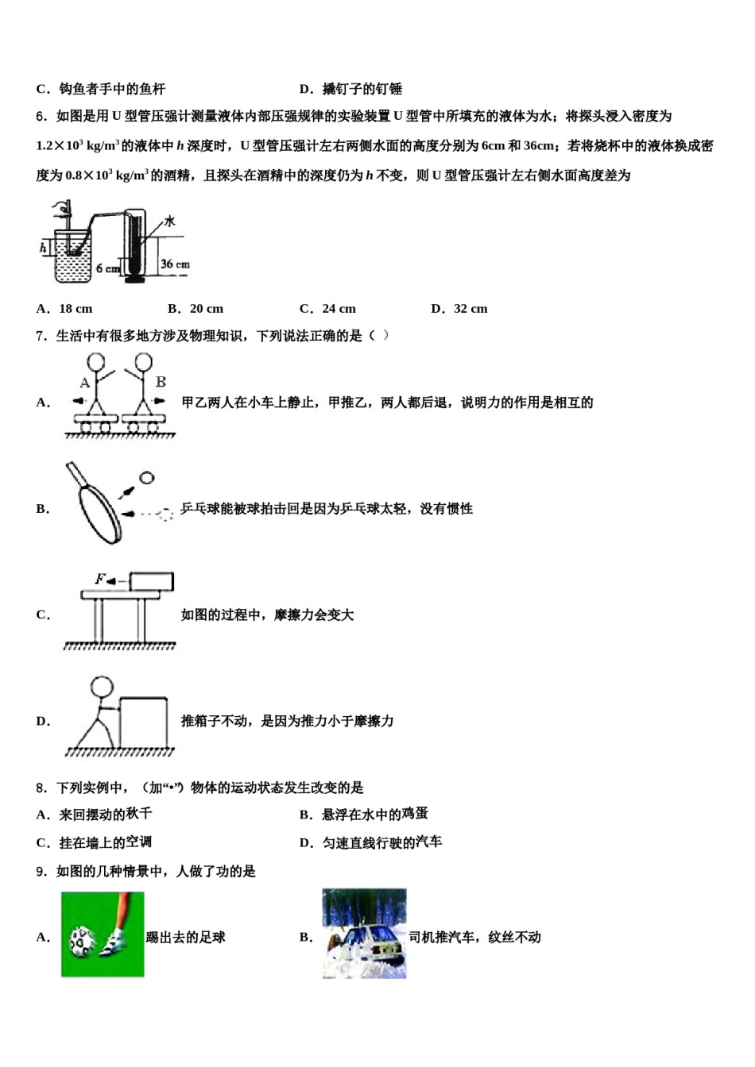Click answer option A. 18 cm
tap(64, 309)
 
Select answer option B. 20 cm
tap(196, 309)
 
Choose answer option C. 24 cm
tap(327, 309)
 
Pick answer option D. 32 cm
tap(459, 309)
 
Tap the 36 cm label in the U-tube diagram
tap(175, 264)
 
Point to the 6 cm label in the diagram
tap(107, 268)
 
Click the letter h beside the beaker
tap(43, 248)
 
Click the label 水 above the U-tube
tap(169, 221)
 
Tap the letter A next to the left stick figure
tap(84, 383)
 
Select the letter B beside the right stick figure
tap(161, 382)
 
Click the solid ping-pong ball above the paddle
tap(146, 478)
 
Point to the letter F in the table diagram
tap(100, 579)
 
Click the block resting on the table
tap(151, 581)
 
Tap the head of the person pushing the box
tap(102, 686)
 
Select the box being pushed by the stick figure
tap(144, 721)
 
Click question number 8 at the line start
tap(41, 788)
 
